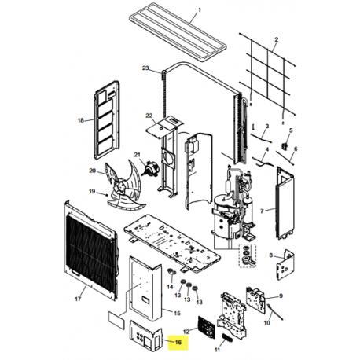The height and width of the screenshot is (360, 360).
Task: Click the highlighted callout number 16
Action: point(178,342)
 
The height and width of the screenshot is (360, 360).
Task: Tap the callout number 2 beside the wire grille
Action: point(276,39)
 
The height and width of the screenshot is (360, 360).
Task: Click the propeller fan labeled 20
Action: point(125,186)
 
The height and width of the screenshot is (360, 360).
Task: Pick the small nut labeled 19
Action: point(107,195)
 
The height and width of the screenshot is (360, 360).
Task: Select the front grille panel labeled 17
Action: point(91,251)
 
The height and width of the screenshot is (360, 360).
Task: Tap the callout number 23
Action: point(145,68)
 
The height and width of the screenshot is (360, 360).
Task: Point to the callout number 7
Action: point(262,211)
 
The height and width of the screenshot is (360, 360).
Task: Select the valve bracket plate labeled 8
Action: point(285,265)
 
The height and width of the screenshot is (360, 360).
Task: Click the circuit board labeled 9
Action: point(255,300)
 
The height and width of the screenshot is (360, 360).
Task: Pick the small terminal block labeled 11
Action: point(227,338)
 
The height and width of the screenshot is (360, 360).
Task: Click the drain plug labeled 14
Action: point(171,273)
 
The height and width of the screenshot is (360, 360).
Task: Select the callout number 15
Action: point(178,313)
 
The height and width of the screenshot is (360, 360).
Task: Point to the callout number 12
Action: point(186,332)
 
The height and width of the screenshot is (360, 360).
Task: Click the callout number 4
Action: point(267,149)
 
